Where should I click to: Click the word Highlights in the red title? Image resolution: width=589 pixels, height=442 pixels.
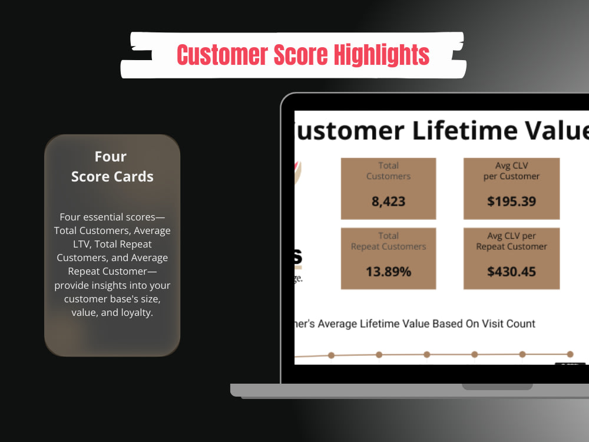[382, 55]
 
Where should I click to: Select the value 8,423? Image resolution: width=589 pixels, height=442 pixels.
[388, 201]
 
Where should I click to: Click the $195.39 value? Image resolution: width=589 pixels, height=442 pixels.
[511, 201]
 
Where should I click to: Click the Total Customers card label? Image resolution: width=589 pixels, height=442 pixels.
[388, 171]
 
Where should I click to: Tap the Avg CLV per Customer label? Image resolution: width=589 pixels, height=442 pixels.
[511, 171]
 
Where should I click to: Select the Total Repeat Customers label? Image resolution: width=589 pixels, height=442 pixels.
[388, 241]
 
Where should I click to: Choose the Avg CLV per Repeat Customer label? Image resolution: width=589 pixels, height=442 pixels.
[511, 241]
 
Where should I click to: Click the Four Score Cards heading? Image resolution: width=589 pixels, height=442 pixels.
[112, 166]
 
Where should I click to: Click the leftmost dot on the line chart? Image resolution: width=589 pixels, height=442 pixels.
[331, 355]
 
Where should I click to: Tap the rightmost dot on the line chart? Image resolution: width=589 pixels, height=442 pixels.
[570, 354]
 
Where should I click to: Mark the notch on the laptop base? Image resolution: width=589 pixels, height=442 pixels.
[497, 387]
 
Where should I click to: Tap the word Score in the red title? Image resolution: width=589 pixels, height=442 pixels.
[302, 55]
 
